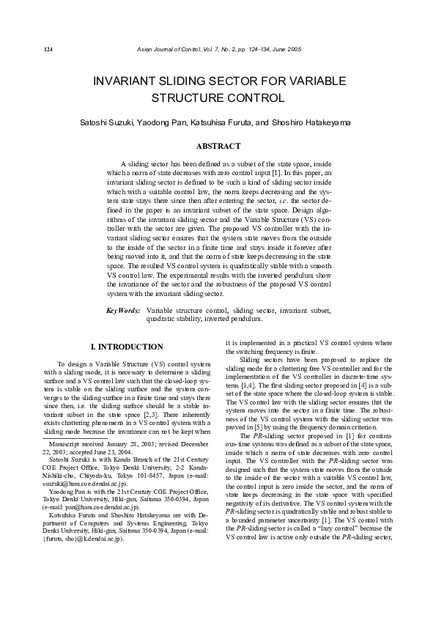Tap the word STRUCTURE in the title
(189, 97)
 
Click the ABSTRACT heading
(218, 146)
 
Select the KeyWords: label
(122, 311)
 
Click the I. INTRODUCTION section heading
(126, 347)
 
